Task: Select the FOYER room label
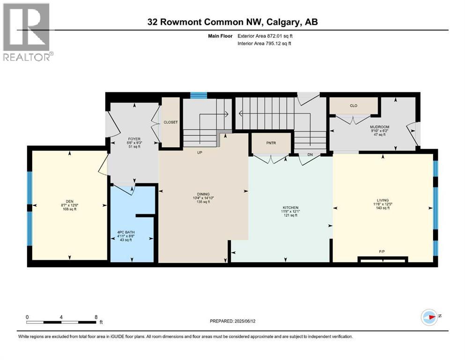pos(134,139)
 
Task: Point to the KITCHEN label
pos(290,207)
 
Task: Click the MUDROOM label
pos(380,127)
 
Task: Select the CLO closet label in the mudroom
pos(354,105)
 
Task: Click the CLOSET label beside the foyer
pos(170,122)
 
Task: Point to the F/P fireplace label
pos(382,252)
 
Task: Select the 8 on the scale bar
pos(96,316)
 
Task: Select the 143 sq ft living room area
pos(383,208)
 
